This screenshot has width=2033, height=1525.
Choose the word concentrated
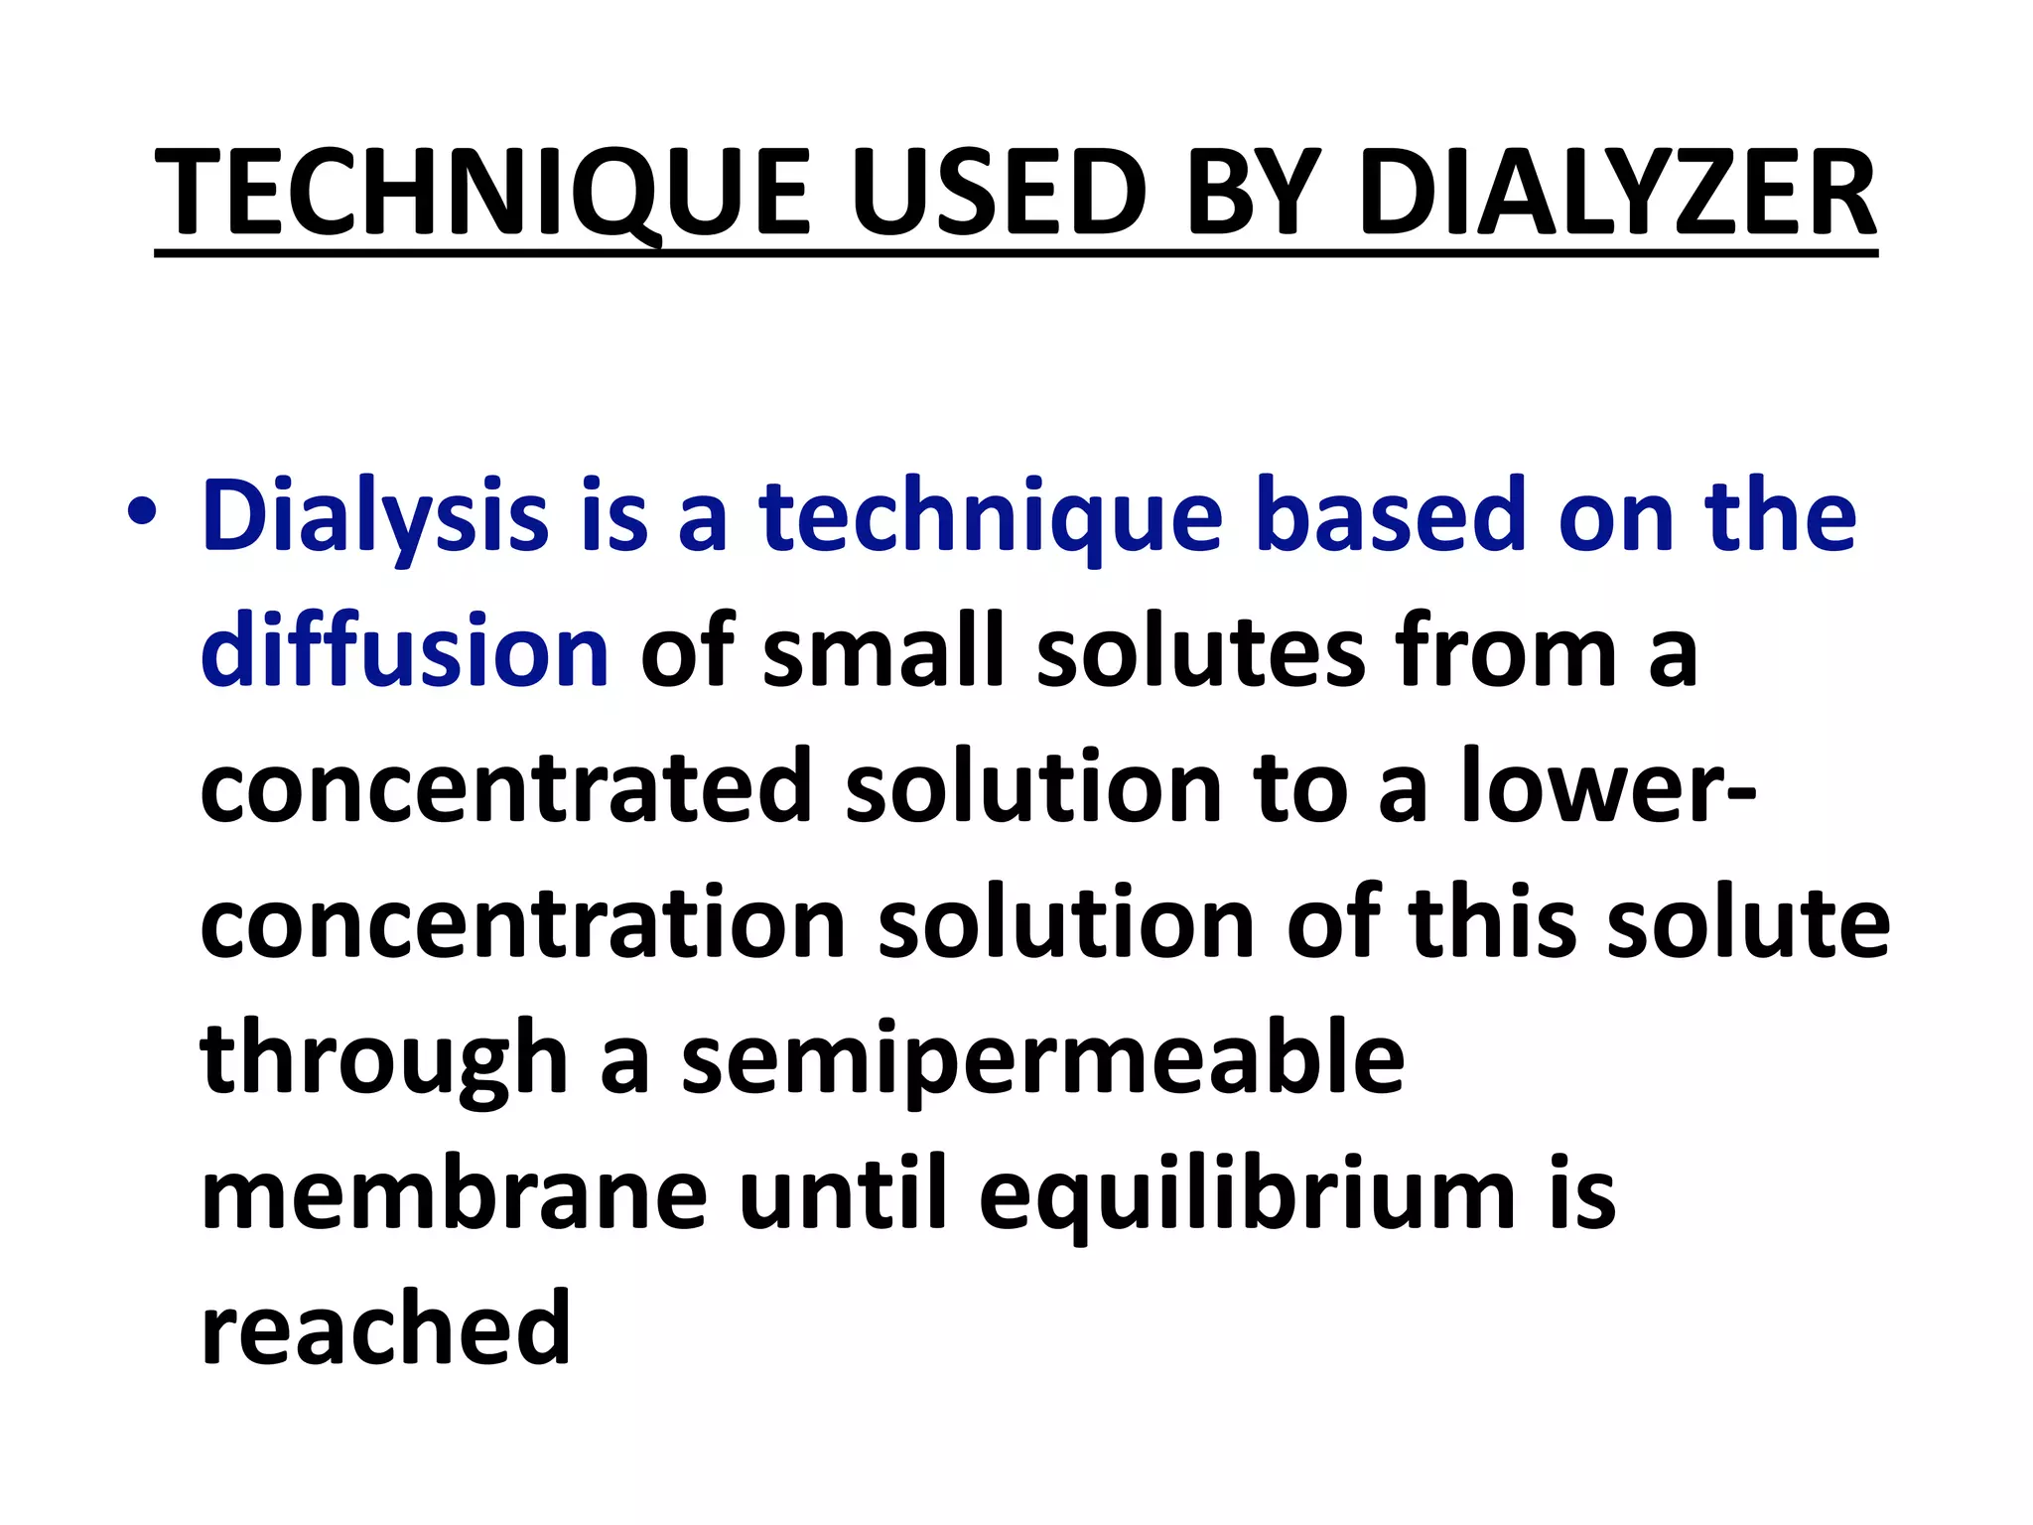(506, 787)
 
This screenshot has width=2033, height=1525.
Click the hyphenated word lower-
(1607, 787)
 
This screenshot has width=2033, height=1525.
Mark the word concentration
(522, 924)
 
